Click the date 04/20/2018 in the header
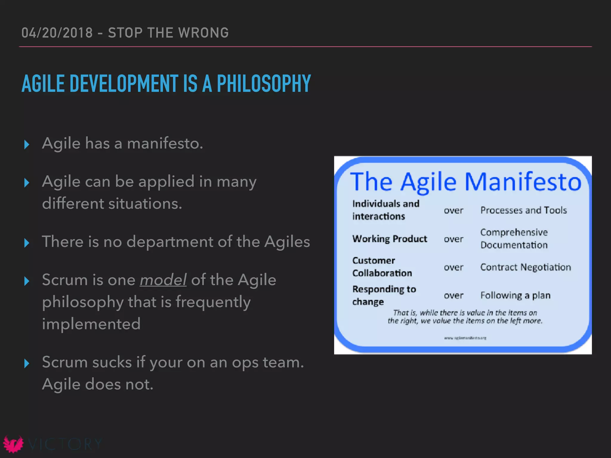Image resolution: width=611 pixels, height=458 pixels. [57, 33]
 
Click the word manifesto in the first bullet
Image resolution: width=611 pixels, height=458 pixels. [165, 143]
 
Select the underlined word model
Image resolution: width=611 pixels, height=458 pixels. [163, 280]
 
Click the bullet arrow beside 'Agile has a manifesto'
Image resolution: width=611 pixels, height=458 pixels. [27, 145]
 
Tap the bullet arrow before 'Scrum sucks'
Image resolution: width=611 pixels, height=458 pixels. [27, 363]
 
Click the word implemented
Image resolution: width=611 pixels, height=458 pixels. [91, 324]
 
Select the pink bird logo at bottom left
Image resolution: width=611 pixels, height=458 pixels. [13, 444]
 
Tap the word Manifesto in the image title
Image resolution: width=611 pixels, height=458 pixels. [523, 182]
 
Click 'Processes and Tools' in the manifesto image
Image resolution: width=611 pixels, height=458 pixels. [523, 210]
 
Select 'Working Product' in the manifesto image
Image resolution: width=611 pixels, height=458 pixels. [390, 239]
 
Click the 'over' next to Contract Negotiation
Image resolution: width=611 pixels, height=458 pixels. [453, 267]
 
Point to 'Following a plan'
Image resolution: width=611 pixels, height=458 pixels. [515, 295]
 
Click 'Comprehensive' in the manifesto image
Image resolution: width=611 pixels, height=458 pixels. [514, 232]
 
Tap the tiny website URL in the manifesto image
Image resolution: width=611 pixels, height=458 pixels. [465, 338]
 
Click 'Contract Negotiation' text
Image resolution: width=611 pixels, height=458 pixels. [525, 267]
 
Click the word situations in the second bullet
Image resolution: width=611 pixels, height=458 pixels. [145, 204]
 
